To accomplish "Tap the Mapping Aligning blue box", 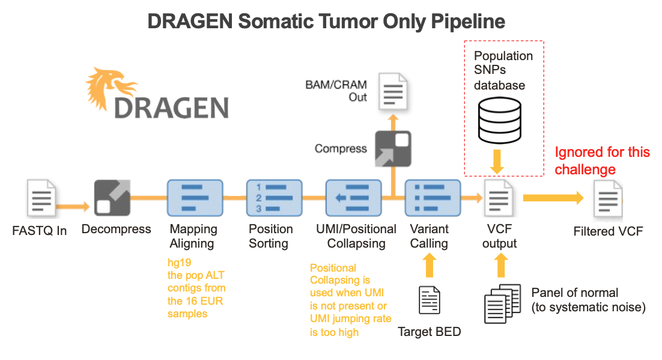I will [x=195, y=198].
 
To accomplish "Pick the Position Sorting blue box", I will [x=269, y=198].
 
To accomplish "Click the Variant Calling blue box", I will [x=429, y=198].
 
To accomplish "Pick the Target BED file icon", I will [x=429, y=301].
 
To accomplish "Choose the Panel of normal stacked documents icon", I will [x=500, y=303].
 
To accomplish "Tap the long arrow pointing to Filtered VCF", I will [x=553, y=198].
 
